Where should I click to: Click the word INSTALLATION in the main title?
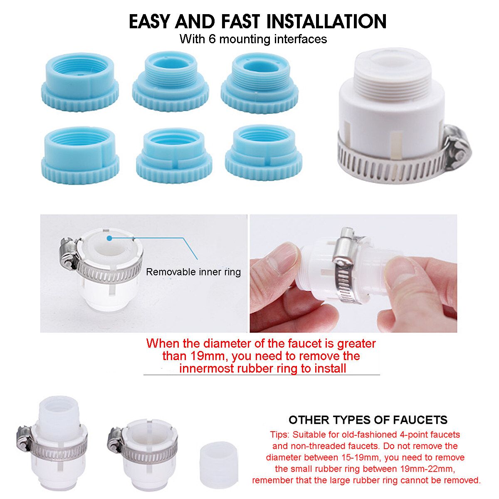326,22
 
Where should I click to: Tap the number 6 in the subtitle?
212,40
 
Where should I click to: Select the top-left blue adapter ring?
80,82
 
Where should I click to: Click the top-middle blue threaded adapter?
170,82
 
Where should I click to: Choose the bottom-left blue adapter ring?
80,156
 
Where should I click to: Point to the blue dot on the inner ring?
109,238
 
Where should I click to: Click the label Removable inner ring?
193,272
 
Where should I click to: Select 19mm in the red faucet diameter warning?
209,356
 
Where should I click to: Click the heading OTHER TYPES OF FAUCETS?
368,420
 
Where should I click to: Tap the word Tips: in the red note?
279,435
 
